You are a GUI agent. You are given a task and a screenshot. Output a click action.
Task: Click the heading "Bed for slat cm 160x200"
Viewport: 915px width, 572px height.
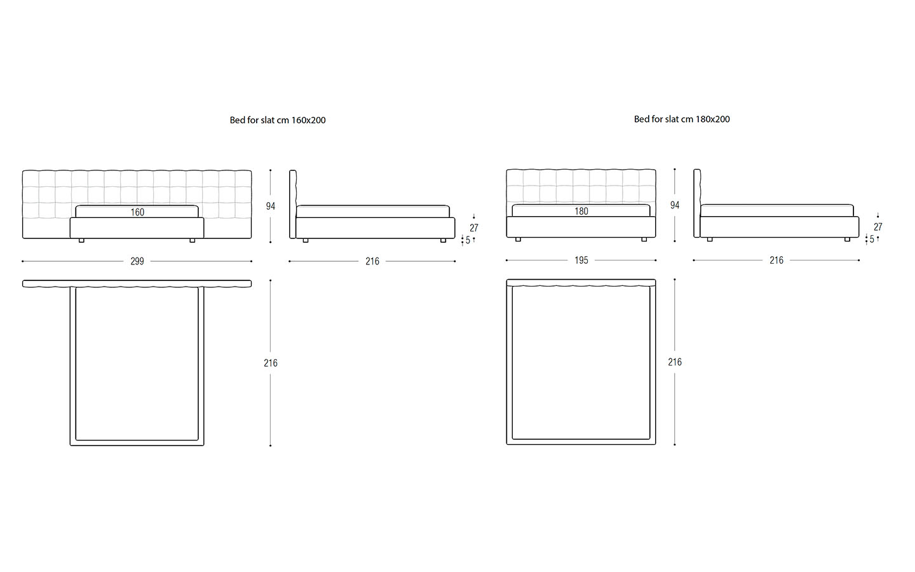click(278, 120)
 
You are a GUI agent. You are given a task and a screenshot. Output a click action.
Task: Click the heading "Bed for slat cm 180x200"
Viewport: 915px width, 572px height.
click(682, 119)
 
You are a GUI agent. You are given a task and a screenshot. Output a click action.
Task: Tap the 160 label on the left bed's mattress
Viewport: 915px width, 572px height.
click(137, 212)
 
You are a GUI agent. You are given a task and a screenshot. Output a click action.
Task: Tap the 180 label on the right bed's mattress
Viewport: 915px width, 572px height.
click(581, 211)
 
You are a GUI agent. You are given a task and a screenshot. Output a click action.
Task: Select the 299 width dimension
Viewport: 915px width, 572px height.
click(137, 261)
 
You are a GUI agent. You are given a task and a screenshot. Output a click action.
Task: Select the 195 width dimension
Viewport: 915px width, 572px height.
click(581, 261)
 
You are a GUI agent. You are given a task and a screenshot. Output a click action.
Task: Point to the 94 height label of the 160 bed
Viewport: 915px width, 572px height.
click(271, 207)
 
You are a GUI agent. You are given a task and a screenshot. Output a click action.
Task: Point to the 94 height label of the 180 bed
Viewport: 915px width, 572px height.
click(675, 205)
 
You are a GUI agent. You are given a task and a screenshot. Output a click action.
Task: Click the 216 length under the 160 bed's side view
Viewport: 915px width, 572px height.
click(372, 261)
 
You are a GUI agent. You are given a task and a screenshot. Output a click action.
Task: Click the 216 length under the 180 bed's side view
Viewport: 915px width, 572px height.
click(776, 261)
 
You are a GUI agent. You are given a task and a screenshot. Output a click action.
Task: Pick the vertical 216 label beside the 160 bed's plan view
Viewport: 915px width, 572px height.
click(271, 363)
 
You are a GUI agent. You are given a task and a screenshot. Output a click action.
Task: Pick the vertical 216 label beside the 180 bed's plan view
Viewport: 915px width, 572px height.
click(675, 362)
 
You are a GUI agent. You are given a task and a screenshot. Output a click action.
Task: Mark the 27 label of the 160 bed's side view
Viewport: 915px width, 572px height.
click(474, 228)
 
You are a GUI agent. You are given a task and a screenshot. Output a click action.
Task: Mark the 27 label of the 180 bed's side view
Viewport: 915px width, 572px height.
click(878, 227)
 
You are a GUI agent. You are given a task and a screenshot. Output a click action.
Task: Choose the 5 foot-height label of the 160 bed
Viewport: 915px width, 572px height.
click(468, 241)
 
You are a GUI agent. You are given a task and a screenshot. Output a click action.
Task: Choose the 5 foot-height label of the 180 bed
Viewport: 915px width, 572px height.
click(872, 240)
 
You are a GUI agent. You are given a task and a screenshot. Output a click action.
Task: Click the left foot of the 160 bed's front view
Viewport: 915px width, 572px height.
click(81, 241)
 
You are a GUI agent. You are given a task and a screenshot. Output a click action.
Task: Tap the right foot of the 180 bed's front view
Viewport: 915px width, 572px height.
click(644, 240)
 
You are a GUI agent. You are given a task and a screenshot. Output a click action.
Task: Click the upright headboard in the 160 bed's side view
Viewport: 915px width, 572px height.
click(292, 204)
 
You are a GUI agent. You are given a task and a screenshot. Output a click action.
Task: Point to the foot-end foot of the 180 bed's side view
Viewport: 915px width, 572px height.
click(847, 240)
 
